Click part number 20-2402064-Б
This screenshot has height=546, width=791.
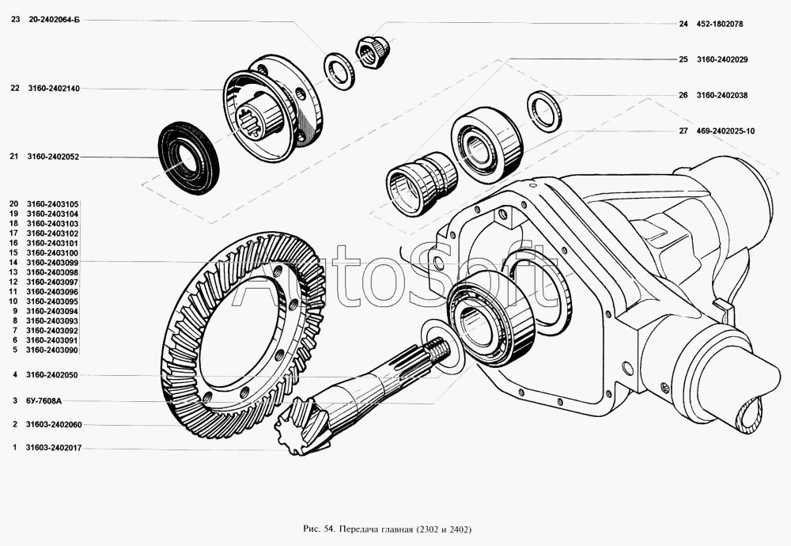tap(53, 21)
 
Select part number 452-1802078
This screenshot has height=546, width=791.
tap(719, 24)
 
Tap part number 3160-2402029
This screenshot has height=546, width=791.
tap(722, 59)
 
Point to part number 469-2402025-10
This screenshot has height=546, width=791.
tap(725, 131)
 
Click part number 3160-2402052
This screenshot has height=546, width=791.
tap(53, 157)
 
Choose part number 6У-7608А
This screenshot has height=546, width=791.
tap(44, 401)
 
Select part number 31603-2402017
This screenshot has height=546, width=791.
tap(54, 448)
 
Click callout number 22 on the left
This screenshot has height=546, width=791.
tap(14, 89)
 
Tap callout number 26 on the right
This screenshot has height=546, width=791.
tap(683, 96)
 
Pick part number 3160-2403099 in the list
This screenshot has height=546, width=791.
tap(52, 263)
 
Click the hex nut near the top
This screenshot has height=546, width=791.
tap(373, 51)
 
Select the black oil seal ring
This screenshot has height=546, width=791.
tap(189, 158)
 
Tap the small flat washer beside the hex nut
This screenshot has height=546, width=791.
tap(339, 71)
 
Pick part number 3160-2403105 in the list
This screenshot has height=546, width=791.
tap(52, 204)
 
